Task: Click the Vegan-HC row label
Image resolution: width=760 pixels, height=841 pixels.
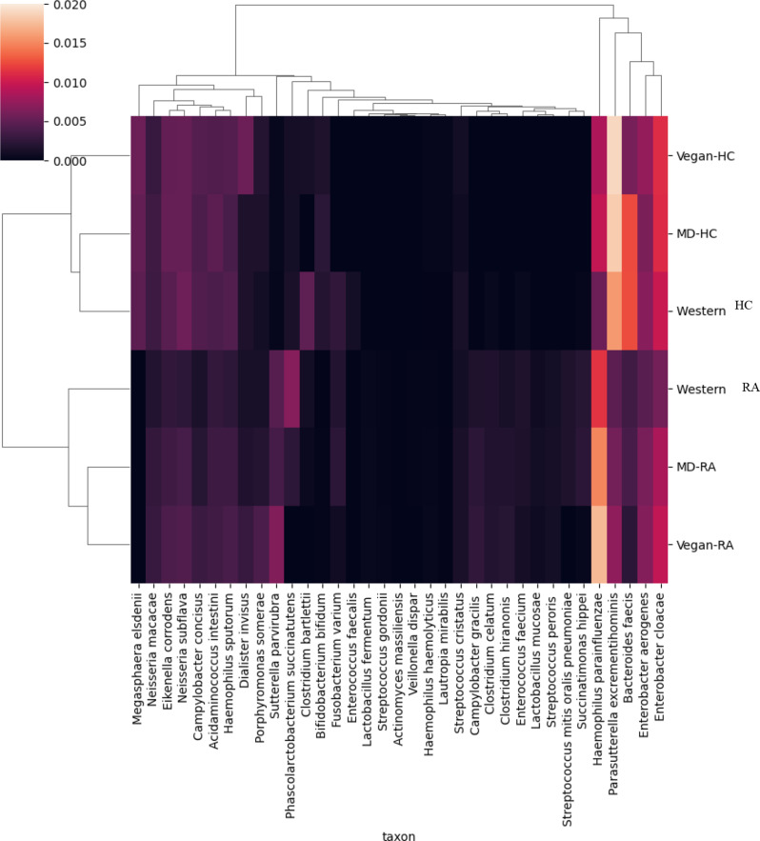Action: (x=709, y=154)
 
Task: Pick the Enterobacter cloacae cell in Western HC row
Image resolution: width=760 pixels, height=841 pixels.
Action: (x=659, y=310)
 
